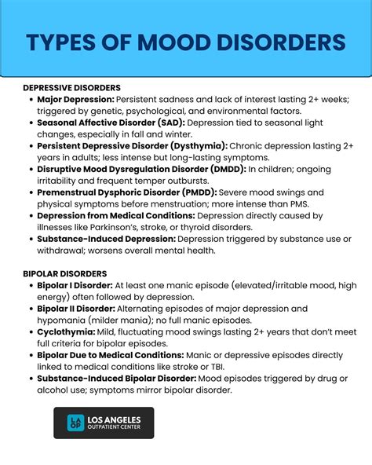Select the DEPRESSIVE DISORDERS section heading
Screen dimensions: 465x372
tap(71, 88)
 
